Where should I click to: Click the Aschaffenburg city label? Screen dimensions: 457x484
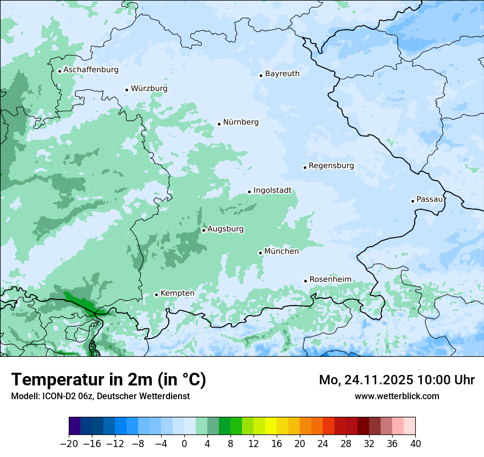91,70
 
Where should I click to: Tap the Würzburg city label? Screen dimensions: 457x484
149,89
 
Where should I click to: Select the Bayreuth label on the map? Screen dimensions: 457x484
282,74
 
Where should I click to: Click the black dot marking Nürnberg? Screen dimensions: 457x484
219,124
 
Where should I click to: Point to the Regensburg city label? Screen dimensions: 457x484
331,166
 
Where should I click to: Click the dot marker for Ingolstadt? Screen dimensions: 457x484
249,192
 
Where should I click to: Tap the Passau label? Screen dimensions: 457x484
430,199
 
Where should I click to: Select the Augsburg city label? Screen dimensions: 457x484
226,229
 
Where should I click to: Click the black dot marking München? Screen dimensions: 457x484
260,253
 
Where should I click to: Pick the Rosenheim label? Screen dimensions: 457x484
330,280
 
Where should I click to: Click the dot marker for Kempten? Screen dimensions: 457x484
156,295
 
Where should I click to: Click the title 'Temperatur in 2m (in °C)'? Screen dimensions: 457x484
108,380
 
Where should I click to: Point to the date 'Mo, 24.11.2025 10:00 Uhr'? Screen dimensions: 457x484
397,380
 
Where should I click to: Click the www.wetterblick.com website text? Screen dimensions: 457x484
397,396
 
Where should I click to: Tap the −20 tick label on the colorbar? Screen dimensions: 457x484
69,444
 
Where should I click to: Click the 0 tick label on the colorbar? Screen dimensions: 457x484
184,444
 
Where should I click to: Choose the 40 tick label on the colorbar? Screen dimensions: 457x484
415,444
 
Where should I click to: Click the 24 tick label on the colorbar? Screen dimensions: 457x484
323,444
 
